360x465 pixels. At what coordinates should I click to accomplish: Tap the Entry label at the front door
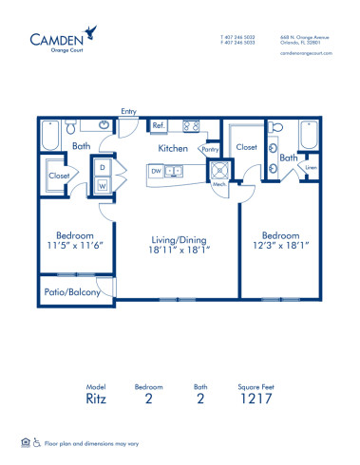[x=128, y=112]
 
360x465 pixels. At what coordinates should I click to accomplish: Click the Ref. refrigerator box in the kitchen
[x=160, y=125]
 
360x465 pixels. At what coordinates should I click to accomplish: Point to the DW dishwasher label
[x=156, y=172]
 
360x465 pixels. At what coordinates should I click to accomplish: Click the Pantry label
[x=212, y=150]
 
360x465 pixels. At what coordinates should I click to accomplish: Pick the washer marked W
[x=102, y=186]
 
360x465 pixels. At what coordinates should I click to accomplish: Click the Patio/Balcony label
[x=71, y=292]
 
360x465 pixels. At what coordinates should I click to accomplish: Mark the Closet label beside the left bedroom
[x=56, y=176]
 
